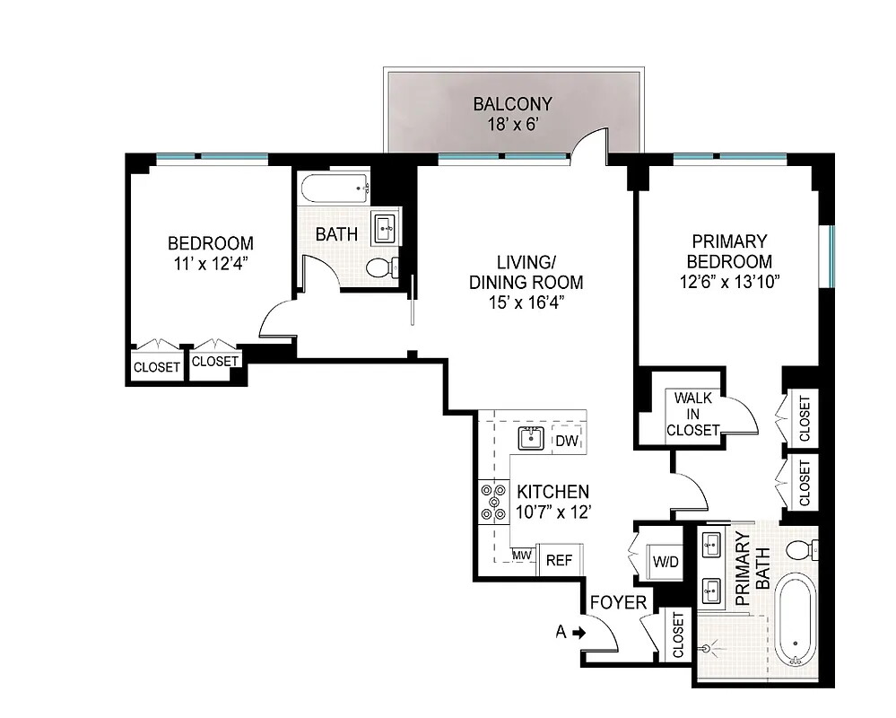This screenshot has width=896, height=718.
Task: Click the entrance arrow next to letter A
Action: click(x=579, y=632)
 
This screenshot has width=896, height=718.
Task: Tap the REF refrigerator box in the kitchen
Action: click(x=559, y=560)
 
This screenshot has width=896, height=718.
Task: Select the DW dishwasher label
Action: click(x=565, y=441)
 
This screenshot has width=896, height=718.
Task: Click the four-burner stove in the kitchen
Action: click(x=492, y=503)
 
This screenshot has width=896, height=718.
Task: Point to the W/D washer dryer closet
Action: click(x=665, y=563)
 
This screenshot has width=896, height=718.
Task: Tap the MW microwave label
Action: click(x=523, y=556)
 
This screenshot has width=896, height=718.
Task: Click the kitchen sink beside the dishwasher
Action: click(x=531, y=438)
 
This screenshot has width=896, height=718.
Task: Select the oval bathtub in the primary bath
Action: click(x=796, y=619)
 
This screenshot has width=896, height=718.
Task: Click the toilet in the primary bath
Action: click(x=798, y=549)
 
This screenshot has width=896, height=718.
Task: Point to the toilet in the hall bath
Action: click(x=381, y=267)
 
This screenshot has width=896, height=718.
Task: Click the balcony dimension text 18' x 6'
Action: click(x=511, y=125)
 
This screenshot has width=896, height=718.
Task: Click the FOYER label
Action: click(x=619, y=602)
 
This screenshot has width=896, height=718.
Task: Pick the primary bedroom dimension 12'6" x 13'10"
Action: click(x=728, y=282)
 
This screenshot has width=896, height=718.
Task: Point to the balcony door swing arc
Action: click(x=589, y=143)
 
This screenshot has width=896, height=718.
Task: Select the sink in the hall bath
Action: click(x=387, y=226)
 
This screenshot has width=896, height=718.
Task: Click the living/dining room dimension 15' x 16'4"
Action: click(x=526, y=302)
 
